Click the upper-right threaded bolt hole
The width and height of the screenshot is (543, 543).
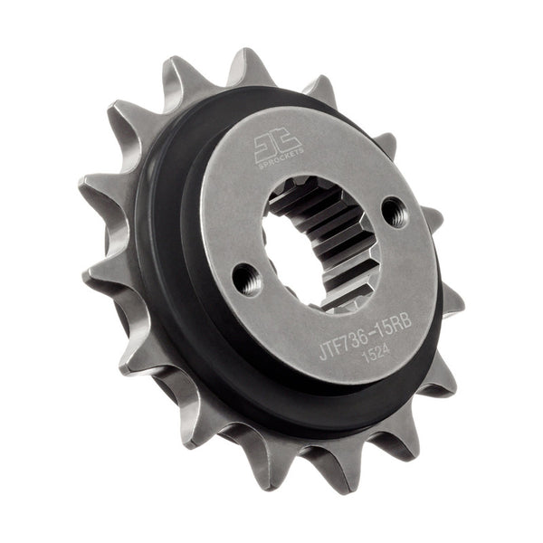[394, 212]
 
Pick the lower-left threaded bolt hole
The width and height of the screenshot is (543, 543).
[246, 278]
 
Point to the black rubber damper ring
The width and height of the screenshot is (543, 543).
[172, 271]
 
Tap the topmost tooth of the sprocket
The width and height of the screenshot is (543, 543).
[247, 68]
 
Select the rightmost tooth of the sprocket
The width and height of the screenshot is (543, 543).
[450, 300]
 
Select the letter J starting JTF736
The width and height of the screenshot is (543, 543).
[323, 353]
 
